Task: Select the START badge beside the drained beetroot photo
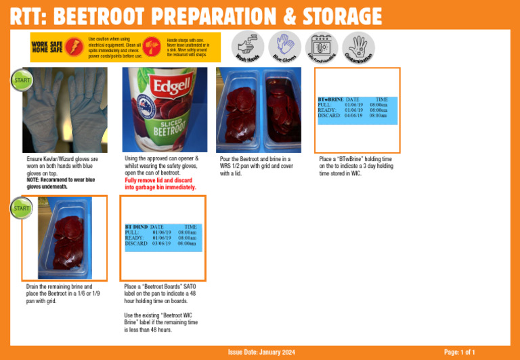pos(20,208)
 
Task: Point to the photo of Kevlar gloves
pos(64,110)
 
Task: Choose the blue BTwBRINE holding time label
pos(357,109)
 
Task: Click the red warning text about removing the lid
pos(160,184)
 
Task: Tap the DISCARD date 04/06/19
pos(354,116)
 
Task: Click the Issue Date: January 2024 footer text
pos(261,353)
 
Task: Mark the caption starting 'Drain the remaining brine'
pos(63,294)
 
